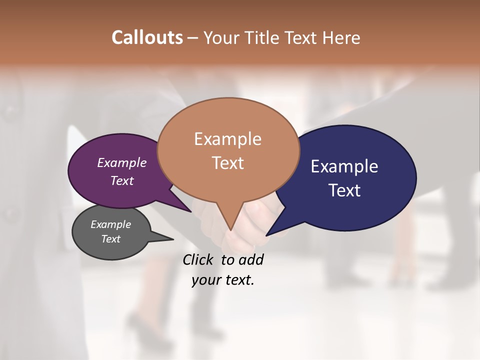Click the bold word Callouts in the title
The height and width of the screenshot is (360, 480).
click(x=147, y=37)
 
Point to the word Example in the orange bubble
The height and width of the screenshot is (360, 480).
click(x=227, y=139)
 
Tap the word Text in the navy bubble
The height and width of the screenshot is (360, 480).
click(x=344, y=190)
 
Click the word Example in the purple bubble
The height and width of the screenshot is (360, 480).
click(x=121, y=162)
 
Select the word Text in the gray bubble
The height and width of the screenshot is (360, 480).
click(x=111, y=239)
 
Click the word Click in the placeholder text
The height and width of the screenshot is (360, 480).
click(x=199, y=259)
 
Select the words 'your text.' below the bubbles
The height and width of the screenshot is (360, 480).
click(x=223, y=280)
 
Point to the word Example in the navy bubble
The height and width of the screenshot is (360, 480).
click(x=344, y=166)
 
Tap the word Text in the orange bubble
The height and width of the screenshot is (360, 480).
click(x=228, y=163)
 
